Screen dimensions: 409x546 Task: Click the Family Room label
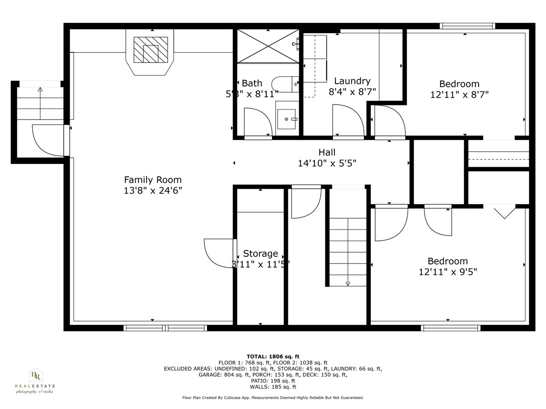(x=153, y=180)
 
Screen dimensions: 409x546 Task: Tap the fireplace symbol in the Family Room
(x=150, y=50)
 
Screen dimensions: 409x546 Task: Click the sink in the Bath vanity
(x=287, y=119)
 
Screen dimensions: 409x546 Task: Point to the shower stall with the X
(x=268, y=46)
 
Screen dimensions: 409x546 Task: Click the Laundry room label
(x=352, y=81)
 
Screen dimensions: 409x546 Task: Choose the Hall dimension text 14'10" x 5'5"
(x=327, y=163)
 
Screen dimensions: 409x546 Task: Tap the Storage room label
(x=260, y=254)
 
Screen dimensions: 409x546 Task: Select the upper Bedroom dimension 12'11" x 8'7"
(x=459, y=95)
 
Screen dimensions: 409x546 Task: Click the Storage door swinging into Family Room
(x=219, y=253)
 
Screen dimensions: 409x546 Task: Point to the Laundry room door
(x=348, y=120)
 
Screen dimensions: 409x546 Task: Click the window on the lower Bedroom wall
(x=450, y=327)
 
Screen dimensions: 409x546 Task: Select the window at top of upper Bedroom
(x=467, y=26)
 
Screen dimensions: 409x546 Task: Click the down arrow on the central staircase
(x=348, y=283)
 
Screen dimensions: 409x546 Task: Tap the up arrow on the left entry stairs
(x=40, y=90)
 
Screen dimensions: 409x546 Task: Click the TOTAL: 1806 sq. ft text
(x=273, y=356)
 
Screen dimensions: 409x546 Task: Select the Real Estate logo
(x=35, y=381)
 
